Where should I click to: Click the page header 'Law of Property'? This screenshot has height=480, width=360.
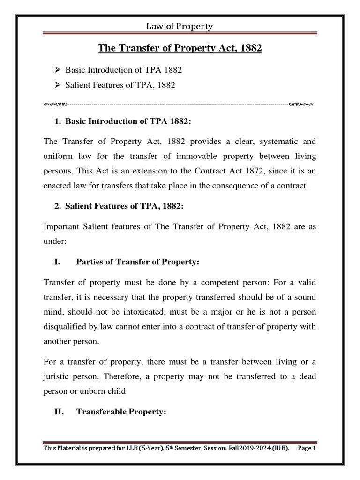180,26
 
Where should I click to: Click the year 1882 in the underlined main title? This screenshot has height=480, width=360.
249,48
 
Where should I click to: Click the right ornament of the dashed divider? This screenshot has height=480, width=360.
302,103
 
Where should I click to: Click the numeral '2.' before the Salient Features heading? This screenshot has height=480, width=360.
58,206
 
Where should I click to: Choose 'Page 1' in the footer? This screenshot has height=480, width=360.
307,448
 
